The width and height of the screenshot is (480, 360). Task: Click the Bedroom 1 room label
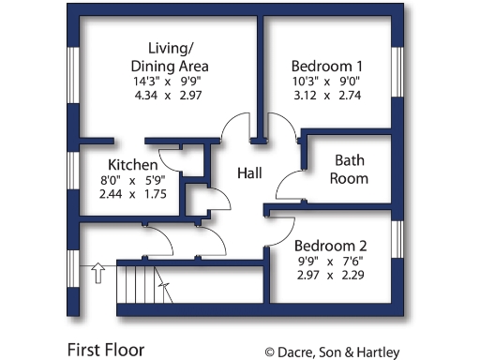click(326, 67)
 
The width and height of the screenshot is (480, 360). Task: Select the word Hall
click(249, 173)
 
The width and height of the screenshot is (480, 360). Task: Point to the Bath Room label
click(351, 169)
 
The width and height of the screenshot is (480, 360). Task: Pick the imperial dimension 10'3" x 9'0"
click(326, 82)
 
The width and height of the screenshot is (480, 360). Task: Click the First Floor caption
click(105, 350)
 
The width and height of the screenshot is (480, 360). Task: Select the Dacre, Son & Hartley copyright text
click(332, 352)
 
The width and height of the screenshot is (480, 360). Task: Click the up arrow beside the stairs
click(95, 273)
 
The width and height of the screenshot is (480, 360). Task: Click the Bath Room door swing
click(290, 163)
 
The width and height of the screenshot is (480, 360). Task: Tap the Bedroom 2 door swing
click(282, 231)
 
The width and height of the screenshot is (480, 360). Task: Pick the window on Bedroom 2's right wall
click(397, 240)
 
